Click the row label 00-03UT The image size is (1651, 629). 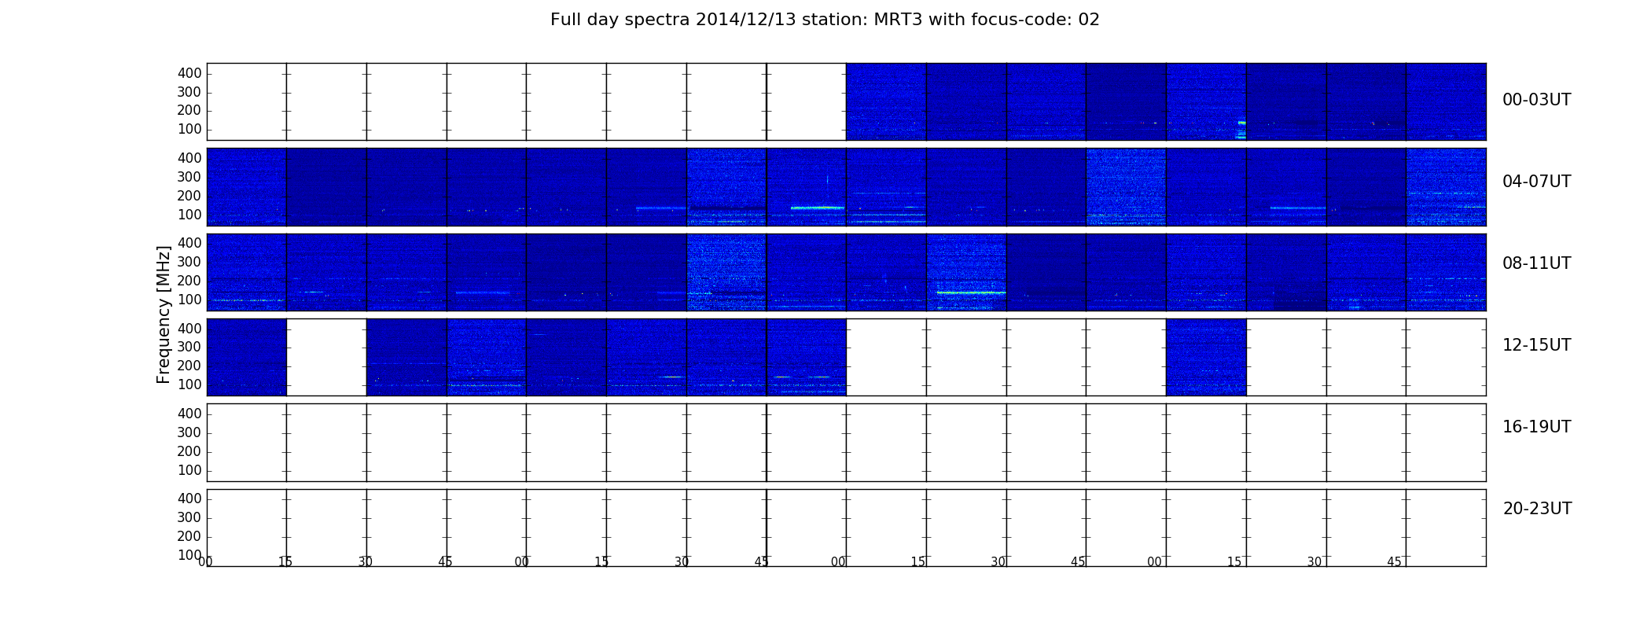click(x=1536, y=100)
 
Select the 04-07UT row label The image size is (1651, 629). click(x=1536, y=182)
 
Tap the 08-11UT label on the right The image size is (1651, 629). click(x=1536, y=263)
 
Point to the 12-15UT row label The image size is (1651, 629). click(x=1536, y=345)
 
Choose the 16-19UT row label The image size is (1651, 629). click(x=1536, y=427)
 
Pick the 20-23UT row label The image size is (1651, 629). click(x=1537, y=509)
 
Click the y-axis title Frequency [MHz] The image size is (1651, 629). click(x=164, y=314)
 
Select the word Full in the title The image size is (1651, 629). click(x=564, y=20)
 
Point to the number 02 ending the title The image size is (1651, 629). click(x=1089, y=20)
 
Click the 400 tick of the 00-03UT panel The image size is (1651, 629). click(x=189, y=73)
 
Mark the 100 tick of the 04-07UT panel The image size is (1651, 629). click(x=189, y=215)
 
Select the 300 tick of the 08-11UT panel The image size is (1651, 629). click(x=189, y=262)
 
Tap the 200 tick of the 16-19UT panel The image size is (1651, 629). click(x=189, y=451)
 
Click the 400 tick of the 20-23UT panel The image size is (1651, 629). click(x=189, y=498)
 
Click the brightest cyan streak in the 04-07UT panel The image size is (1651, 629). click(x=818, y=208)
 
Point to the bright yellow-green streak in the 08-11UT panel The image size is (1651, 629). click(x=971, y=292)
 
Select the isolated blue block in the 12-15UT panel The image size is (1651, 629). click(x=1206, y=357)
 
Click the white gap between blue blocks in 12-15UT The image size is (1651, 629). click(x=326, y=357)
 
